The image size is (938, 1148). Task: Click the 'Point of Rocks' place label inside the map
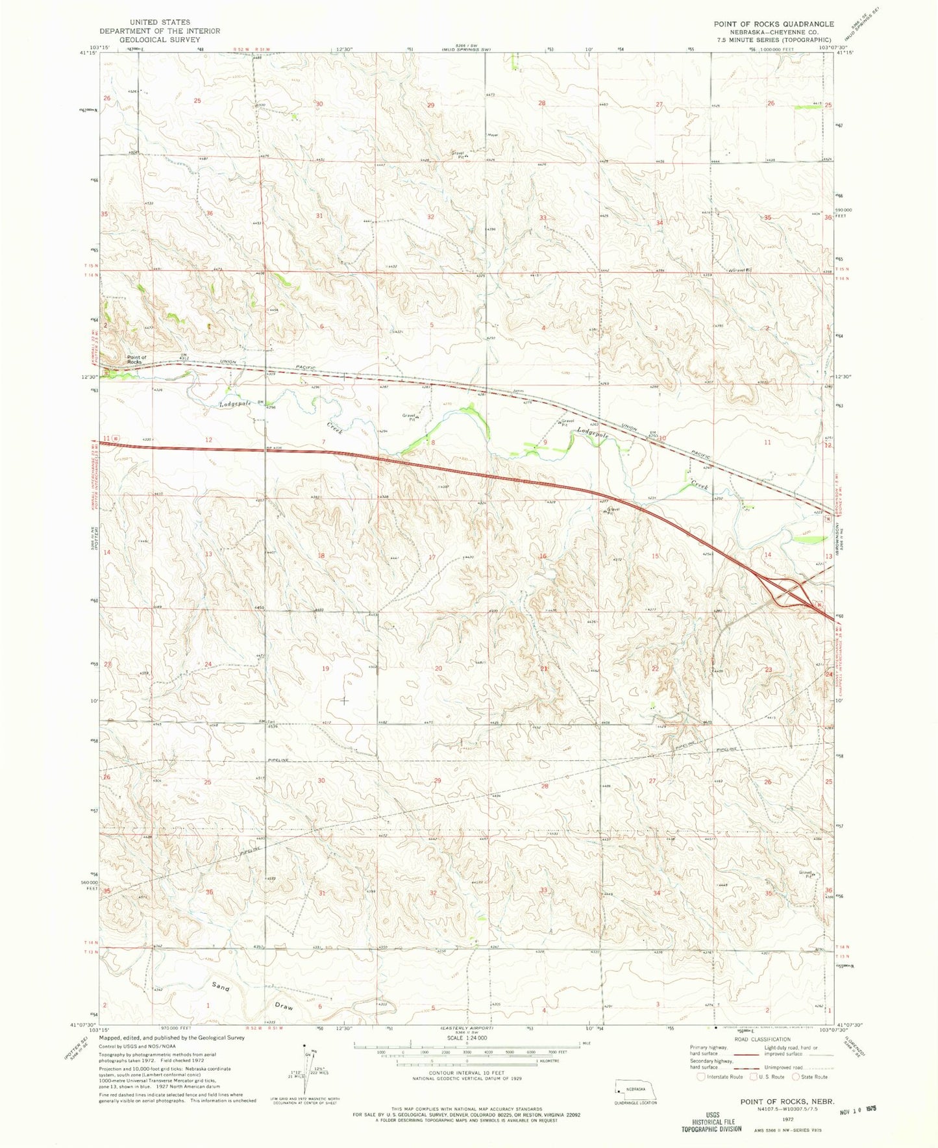[x=136, y=359]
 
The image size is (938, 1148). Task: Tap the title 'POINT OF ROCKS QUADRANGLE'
[x=773, y=24]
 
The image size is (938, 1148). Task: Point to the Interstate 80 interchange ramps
[x=787, y=591]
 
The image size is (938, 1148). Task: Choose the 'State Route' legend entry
[x=811, y=1077]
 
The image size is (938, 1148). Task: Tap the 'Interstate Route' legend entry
[x=723, y=1077]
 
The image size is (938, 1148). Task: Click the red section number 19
[x=325, y=668]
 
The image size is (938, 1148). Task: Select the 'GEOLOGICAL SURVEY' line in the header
[x=159, y=39]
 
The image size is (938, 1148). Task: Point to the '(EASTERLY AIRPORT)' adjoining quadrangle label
[x=462, y=1028]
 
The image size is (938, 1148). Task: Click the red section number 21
[x=544, y=668]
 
